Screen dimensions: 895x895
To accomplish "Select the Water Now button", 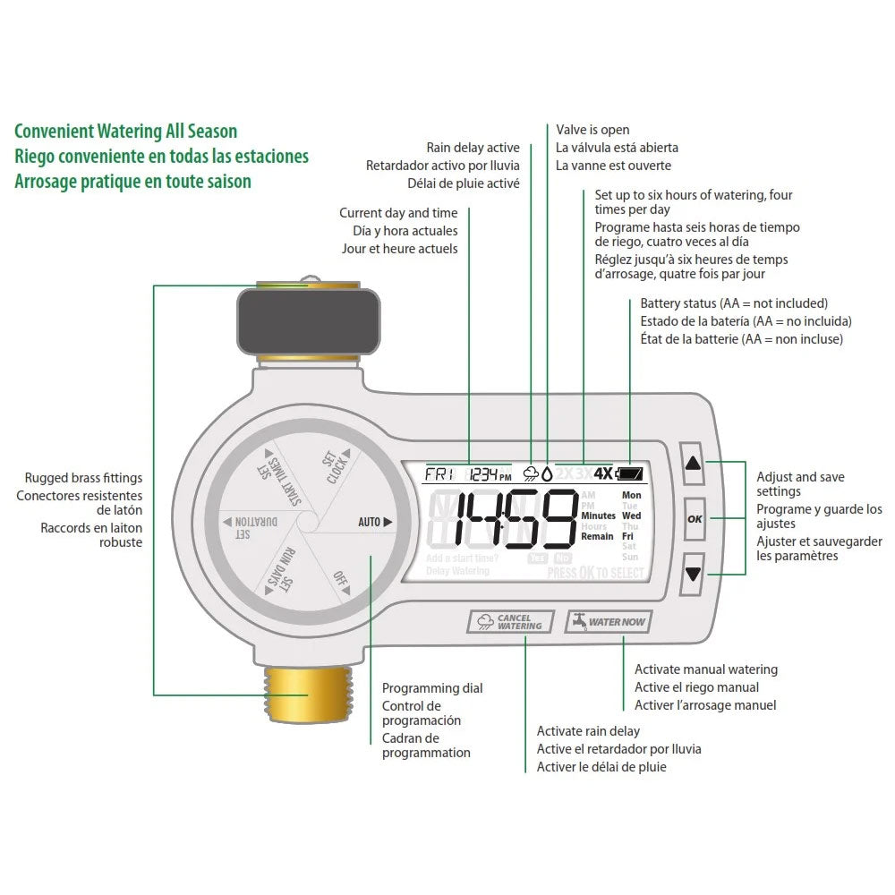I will point(608,621).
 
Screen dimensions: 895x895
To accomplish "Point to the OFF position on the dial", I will point(341,579).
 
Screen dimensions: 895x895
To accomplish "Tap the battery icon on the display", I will point(629,474).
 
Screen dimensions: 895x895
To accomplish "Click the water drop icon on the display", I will point(547,474).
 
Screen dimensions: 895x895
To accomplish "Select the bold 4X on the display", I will point(603,474).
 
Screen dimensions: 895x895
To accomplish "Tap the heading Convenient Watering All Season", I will point(126,132).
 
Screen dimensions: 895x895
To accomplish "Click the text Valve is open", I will point(592,130).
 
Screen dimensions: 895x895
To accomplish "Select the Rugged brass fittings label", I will point(83,478).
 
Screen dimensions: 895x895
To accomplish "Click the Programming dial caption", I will point(432,687).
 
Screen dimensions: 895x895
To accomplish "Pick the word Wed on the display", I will point(632,516).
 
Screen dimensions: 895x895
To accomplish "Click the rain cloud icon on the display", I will point(532,474).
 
